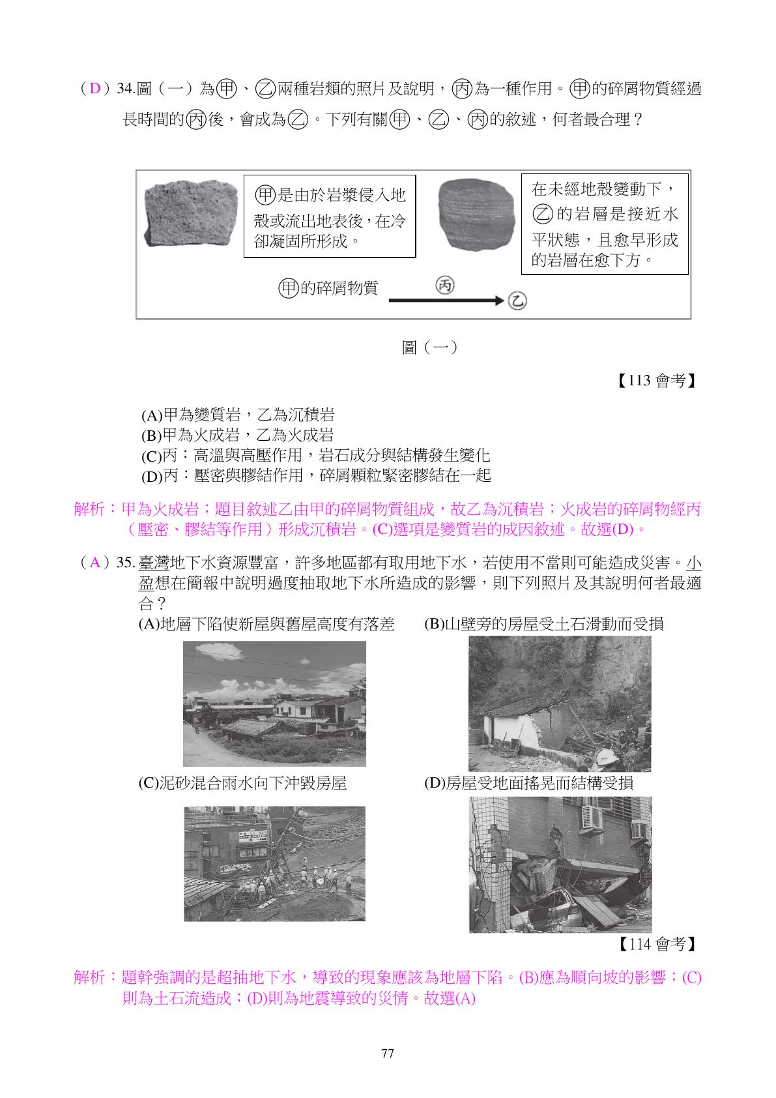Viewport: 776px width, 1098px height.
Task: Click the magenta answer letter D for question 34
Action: pyautogui.click(x=95, y=89)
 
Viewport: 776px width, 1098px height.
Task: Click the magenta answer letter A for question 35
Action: pyautogui.click(x=95, y=563)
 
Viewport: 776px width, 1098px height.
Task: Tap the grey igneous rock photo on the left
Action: pyautogui.click(x=190, y=214)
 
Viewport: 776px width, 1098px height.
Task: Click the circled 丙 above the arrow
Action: pyautogui.click(x=445, y=285)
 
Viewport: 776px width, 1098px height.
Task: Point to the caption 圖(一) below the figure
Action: pyautogui.click(x=429, y=348)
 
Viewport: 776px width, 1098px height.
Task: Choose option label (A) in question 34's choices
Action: pyautogui.click(x=151, y=415)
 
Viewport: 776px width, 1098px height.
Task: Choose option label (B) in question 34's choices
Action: pyautogui.click(x=151, y=436)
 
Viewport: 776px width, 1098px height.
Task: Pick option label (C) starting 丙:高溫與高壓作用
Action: pyautogui.click(x=151, y=456)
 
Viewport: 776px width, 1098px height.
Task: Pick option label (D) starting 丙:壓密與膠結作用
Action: pyautogui.click(x=151, y=476)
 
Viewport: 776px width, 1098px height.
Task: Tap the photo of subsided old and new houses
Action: pyautogui.click(x=274, y=704)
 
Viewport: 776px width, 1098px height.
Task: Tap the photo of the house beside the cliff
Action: pyautogui.click(x=560, y=704)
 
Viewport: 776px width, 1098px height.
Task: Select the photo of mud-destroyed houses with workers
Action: pyautogui.click(x=274, y=864)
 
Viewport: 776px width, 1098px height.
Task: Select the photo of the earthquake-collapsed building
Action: pyautogui.click(x=560, y=864)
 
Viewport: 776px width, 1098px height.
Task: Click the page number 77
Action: pyautogui.click(x=387, y=1054)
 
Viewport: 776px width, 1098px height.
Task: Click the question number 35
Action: pyautogui.click(x=126, y=563)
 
